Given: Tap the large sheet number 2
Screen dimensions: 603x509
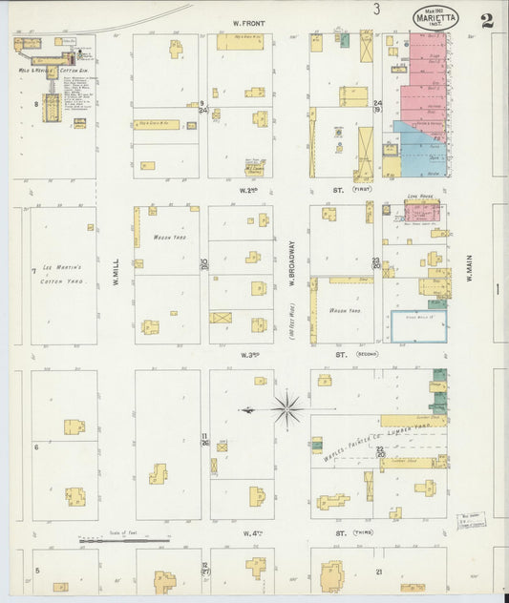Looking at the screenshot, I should (487, 20).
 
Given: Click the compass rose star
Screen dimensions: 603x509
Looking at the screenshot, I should (286, 409).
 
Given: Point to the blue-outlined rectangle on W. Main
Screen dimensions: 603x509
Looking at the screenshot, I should (418, 326).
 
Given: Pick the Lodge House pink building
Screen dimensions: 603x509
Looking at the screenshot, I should (421, 212).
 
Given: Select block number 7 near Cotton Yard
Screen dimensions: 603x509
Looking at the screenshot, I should (33, 272).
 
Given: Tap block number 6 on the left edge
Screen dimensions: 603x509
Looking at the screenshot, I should (36, 446).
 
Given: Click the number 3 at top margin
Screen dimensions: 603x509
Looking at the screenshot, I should (377, 10).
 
